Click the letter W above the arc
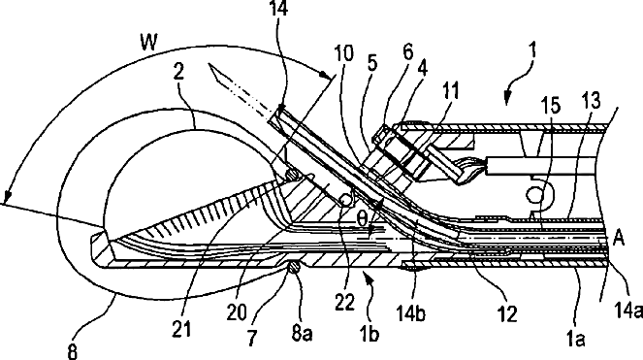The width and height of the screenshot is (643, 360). coord(149,42)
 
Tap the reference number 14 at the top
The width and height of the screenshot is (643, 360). coord(278,8)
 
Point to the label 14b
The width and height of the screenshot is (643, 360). coord(410,312)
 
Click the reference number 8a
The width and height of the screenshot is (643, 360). coord(303,333)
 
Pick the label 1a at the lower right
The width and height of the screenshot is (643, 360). coord(575,339)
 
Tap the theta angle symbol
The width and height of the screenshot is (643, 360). coord(362,219)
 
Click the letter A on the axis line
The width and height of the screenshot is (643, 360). coord(619,238)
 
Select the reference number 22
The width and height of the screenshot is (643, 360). coord(344,303)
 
